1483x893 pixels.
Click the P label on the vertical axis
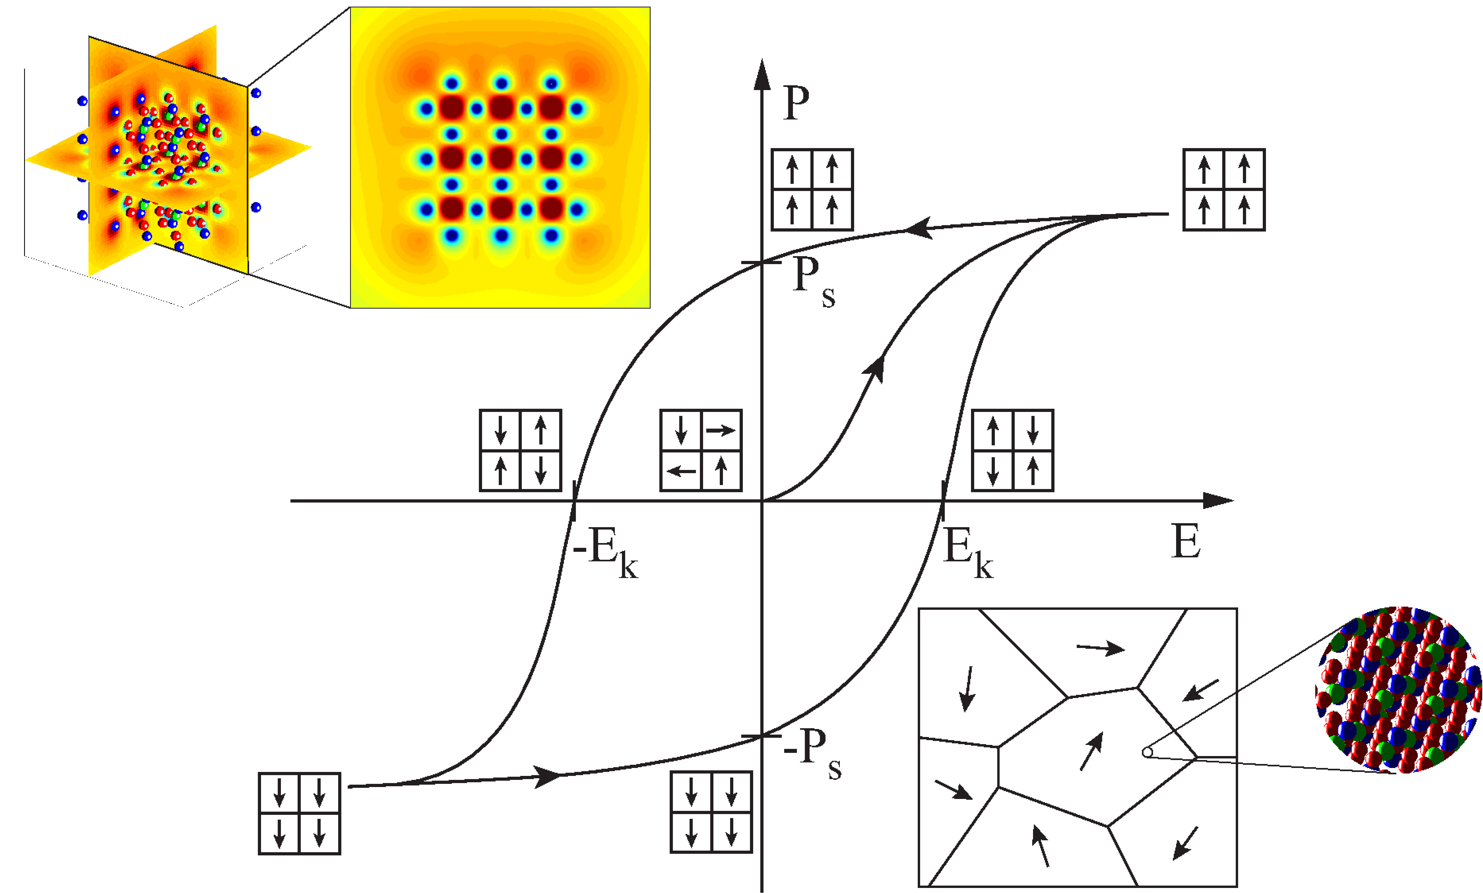[796, 104]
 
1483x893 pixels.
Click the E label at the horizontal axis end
[1186, 541]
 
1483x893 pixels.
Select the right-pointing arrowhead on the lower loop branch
[548, 776]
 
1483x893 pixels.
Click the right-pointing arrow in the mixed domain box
[721, 430]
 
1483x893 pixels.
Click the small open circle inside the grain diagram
[1147, 752]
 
